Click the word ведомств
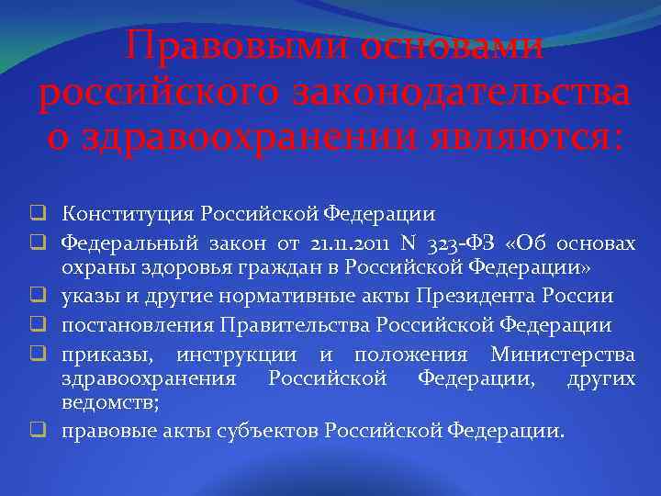tap(108, 402)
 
